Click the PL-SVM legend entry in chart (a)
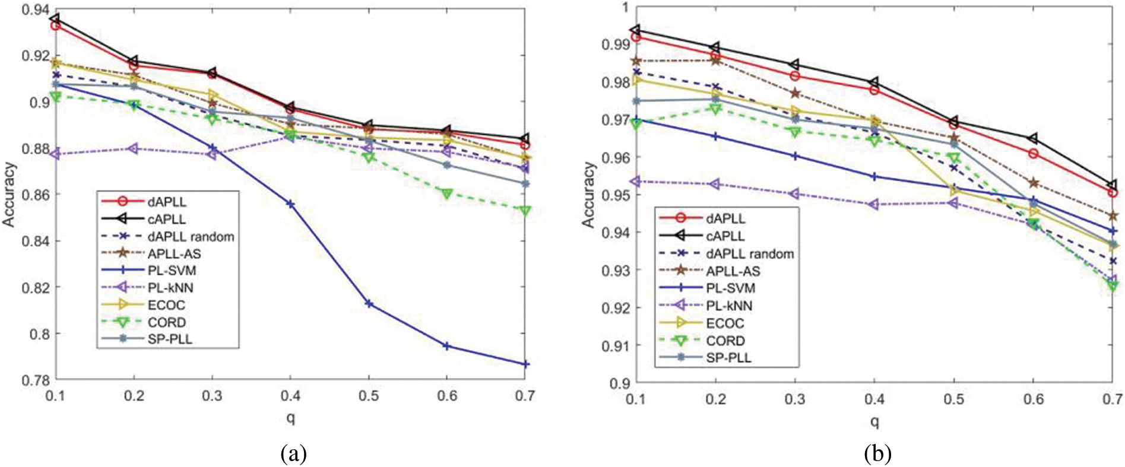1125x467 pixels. tap(172, 271)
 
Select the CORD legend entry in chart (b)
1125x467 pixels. tap(725, 341)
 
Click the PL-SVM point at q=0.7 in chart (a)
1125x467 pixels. tap(525, 364)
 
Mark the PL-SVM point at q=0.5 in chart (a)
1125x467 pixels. tap(369, 304)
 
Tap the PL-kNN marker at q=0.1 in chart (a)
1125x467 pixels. tap(56, 154)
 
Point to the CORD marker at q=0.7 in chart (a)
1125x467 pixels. tap(525, 211)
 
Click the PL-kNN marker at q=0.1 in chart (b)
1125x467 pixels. tap(636, 181)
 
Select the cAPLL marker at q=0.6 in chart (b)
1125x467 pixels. tap(1034, 139)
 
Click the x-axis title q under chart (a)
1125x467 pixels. tap(290, 418)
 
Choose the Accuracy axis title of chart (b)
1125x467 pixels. tap(588, 194)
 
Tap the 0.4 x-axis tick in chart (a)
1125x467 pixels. tap(290, 396)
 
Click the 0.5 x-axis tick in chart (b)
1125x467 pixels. tap(953, 399)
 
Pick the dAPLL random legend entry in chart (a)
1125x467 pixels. tap(191, 237)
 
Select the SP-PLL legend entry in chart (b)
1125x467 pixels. tap(728, 358)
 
